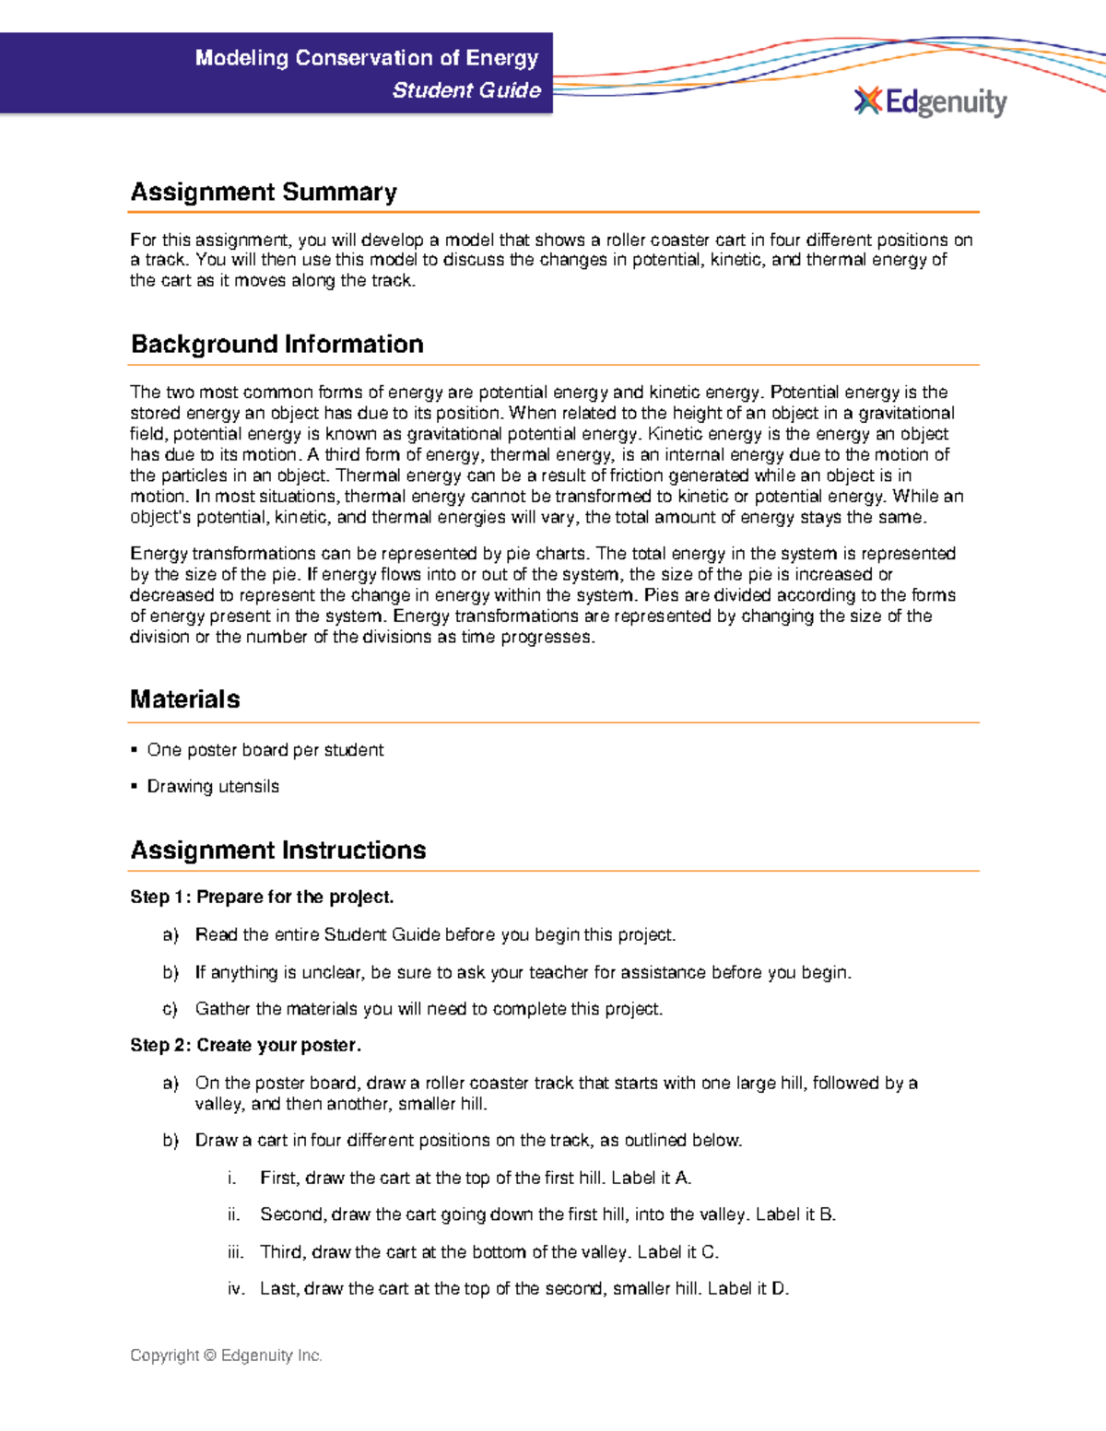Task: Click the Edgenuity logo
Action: coord(930,101)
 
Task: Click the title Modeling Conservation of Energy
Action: coord(367,58)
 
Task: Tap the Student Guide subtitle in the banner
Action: coord(466,90)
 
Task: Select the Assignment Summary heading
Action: coord(264,192)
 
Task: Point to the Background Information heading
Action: coord(276,344)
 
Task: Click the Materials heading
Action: coord(184,698)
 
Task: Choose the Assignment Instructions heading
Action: coord(277,850)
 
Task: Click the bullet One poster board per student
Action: coord(265,750)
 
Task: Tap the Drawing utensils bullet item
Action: coord(212,786)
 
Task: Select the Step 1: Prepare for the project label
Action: coord(262,897)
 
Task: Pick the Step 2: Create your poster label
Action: coord(245,1045)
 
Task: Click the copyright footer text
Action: coord(226,1355)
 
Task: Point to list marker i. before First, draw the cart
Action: coord(232,1178)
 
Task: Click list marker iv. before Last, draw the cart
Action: coord(236,1288)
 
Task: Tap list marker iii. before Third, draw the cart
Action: coord(236,1251)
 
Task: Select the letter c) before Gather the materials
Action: coord(170,1009)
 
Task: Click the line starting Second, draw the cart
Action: coord(547,1214)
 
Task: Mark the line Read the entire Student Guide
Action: coord(435,934)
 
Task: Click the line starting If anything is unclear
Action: coord(523,972)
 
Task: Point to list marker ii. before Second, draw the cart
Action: coord(234,1214)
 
